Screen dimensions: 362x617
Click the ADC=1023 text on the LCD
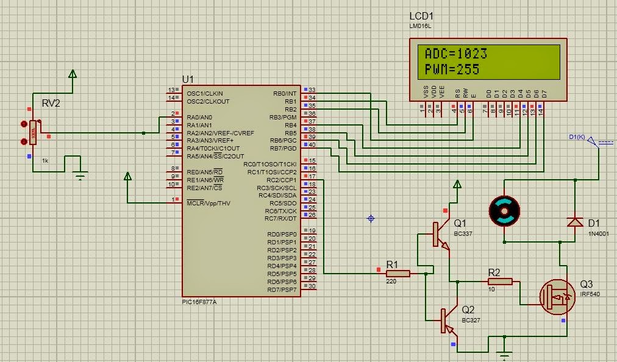(x=455, y=54)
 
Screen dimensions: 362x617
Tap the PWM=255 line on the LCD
(x=452, y=69)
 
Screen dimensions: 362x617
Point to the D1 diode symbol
(x=574, y=222)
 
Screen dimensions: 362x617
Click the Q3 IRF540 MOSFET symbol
(x=556, y=297)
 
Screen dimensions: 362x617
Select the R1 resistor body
(x=398, y=274)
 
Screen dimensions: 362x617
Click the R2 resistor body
(x=501, y=282)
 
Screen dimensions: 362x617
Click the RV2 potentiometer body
(x=33, y=132)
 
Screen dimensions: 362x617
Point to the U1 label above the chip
(x=188, y=80)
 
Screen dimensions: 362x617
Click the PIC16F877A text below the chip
(x=199, y=302)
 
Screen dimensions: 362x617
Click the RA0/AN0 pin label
(x=199, y=117)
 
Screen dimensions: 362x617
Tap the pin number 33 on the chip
(x=312, y=90)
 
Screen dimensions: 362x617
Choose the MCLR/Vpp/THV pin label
(x=209, y=203)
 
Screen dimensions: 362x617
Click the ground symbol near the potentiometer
(x=80, y=177)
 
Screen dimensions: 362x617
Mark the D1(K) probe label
(x=576, y=137)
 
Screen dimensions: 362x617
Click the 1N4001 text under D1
(x=598, y=233)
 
